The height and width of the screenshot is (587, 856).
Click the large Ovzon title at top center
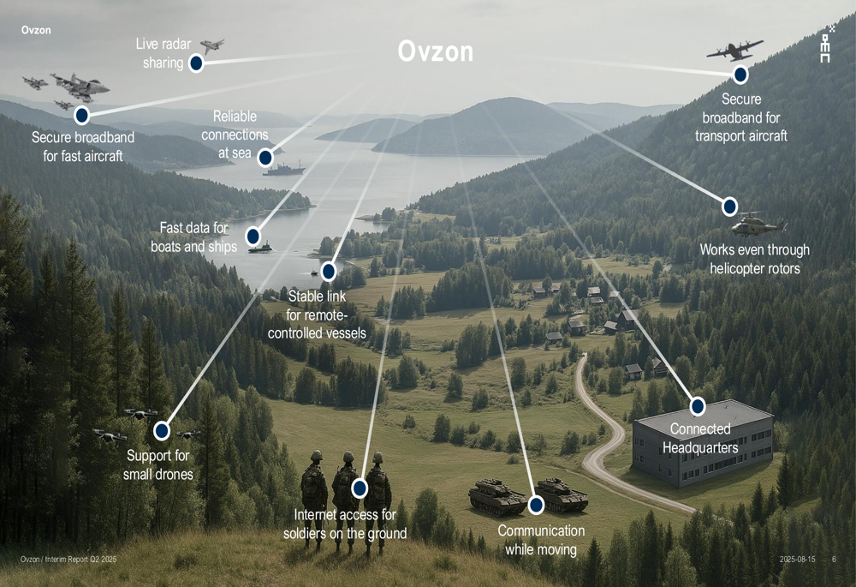(435, 51)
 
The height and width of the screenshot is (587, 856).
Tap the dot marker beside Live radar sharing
(196, 63)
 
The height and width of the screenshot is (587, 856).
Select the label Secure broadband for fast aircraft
(83, 147)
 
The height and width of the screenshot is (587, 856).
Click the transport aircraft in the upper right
(734, 50)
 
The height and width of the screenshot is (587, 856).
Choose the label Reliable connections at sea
(235, 135)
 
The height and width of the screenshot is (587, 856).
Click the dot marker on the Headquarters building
(698, 407)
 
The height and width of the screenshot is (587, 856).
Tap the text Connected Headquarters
(700, 439)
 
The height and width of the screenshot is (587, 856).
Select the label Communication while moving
(541, 540)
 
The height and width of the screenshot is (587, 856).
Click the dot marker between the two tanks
(536, 505)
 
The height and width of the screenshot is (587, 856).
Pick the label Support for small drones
(158, 464)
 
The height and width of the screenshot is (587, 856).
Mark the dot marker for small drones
(162, 431)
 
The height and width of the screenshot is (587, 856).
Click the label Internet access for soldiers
(345, 524)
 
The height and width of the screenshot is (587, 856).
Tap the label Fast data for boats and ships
(193, 237)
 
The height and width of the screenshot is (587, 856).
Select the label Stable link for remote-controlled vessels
(317, 314)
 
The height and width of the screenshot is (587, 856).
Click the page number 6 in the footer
(834, 559)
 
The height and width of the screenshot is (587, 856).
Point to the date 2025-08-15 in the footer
(797, 559)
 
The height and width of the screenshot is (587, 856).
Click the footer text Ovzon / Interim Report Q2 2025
(68, 559)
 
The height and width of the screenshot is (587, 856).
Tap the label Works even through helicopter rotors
(754, 259)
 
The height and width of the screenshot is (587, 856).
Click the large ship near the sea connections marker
(284, 170)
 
